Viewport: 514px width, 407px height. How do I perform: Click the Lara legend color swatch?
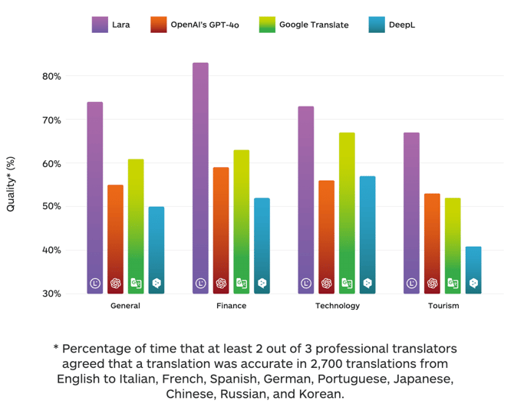coord(99,25)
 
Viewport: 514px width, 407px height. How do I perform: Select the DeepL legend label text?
coord(403,25)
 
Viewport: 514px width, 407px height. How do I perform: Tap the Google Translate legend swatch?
coord(266,25)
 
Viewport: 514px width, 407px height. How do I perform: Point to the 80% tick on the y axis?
coord(52,77)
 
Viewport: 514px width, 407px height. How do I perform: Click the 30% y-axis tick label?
coord(52,294)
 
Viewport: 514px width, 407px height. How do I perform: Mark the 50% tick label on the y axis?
coord(52,207)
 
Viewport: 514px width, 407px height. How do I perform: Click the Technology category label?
coord(337,306)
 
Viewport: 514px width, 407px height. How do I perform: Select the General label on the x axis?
coord(125,306)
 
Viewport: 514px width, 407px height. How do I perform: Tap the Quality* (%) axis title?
coord(11,184)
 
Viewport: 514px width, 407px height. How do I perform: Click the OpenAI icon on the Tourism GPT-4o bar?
coord(432,283)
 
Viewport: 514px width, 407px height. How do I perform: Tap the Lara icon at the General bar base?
coord(95,283)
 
